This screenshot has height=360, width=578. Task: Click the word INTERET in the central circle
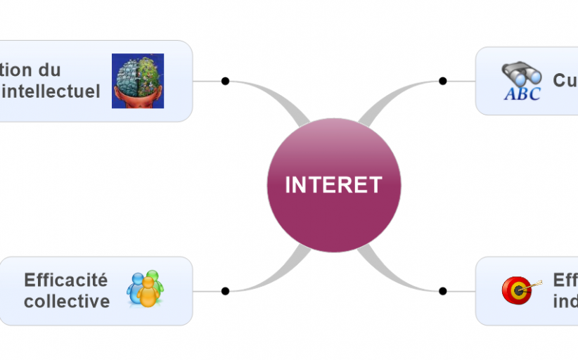point(333,185)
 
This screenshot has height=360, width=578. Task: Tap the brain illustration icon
point(138,81)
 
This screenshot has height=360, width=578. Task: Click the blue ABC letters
point(522,94)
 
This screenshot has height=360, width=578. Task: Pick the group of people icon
point(145,289)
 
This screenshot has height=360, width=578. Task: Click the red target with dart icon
point(519,290)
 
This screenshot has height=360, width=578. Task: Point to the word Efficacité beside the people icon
point(66,280)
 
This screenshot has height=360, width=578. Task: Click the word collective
point(67,302)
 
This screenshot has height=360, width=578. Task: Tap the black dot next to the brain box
point(225,81)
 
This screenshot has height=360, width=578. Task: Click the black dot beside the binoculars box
point(443,81)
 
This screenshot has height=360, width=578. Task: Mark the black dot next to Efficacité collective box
point(225,291)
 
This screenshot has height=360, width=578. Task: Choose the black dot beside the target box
point(443,291)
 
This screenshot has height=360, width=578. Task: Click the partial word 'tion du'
point(31,70)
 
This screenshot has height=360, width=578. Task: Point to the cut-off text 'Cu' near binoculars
point(565,80)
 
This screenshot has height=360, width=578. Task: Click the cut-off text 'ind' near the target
point(565,302)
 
